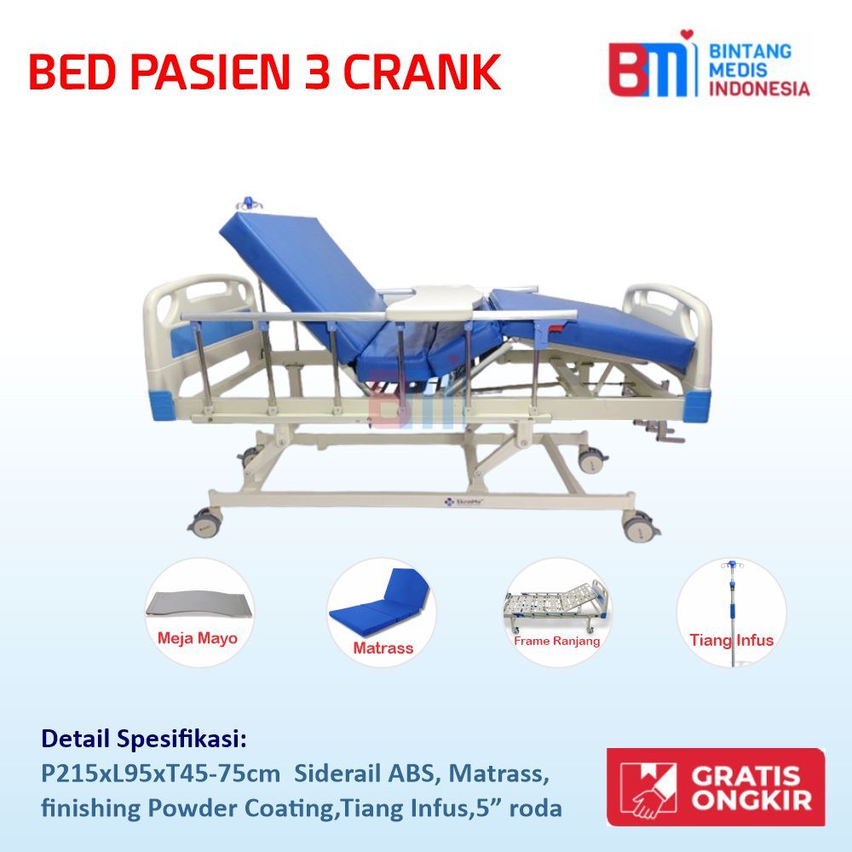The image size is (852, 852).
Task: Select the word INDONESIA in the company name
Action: pos(759,88)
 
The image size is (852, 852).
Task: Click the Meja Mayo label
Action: pos(197,637)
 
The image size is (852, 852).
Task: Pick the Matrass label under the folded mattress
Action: pos(383,648)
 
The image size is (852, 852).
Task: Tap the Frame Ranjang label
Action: pos(556,641)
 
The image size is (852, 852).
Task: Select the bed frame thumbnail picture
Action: pos(556,600)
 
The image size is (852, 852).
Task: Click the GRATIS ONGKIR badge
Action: pos(716,787)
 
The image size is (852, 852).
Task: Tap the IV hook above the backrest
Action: pos(249,204)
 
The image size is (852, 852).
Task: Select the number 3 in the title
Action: pos(311,72)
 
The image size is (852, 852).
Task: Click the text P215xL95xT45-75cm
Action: pos(160,774)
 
